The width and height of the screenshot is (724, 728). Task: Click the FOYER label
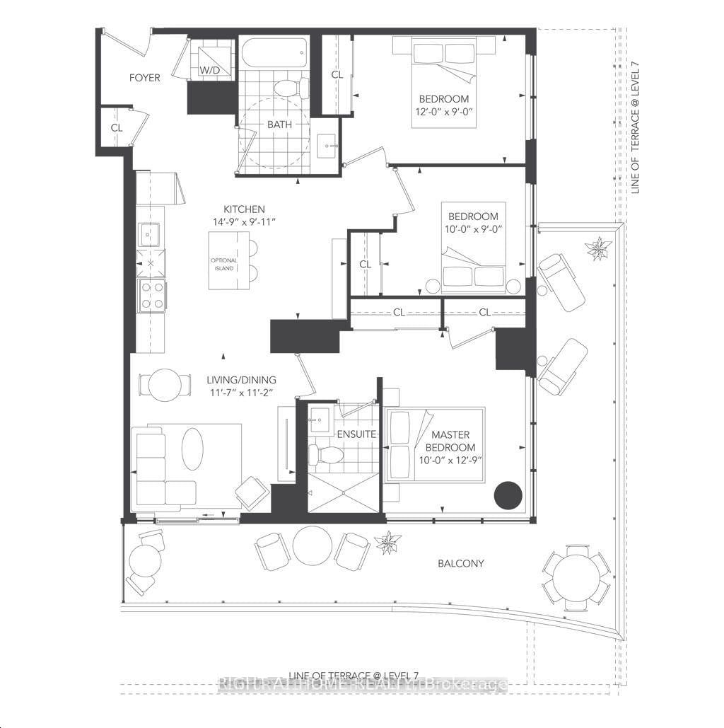pos(144,78)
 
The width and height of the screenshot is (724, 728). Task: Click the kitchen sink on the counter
pos(151,233)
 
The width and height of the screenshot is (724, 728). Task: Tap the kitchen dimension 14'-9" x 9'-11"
pos(244,221)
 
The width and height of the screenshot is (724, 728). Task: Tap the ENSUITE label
pos(356,434)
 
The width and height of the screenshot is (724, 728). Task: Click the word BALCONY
pos(460,564)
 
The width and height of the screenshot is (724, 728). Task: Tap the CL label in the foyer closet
pos(115,128)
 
